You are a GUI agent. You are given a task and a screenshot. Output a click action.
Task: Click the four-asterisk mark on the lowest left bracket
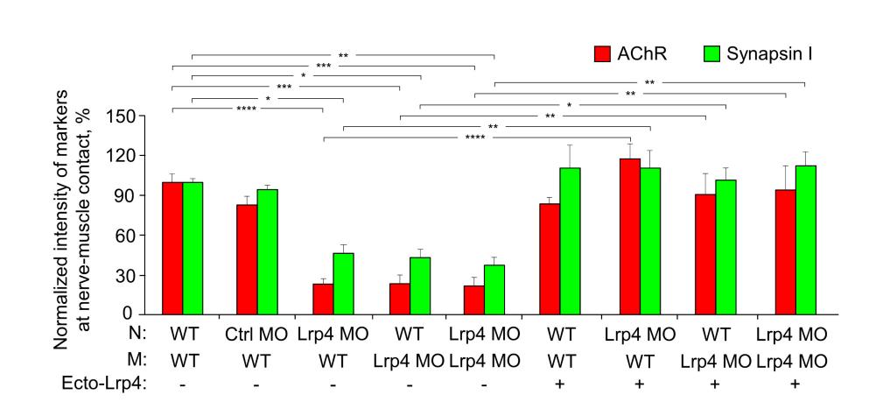tap(248, 109)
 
